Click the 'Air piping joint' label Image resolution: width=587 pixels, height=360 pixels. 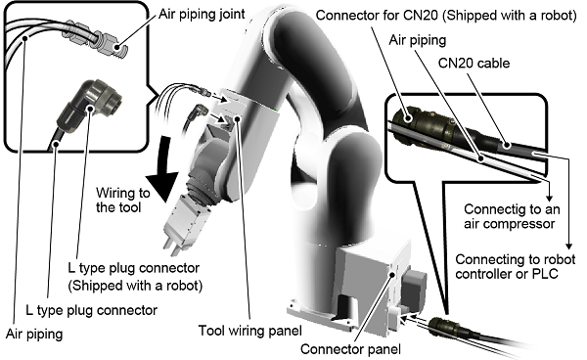pos(202,15)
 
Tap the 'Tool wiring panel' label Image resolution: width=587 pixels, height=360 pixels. pos(250,331)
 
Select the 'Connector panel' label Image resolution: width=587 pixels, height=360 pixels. pos(350,349)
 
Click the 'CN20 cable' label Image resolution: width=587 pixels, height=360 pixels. pos(474,63)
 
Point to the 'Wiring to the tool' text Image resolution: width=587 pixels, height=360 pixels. pos(123,200)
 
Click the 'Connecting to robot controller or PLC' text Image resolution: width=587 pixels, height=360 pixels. pos(516,266)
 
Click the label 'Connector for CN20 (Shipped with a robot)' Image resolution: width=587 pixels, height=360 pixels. pos(446,15)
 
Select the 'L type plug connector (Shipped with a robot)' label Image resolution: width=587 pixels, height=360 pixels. pos(135,277)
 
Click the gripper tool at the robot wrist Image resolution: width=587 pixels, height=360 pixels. pos(178,225)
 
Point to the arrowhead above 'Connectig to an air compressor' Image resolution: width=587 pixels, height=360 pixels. pos(549,198)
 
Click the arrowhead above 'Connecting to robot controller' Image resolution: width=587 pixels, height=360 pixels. pos(568,246)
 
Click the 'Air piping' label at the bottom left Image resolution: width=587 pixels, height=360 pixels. pos(34,334)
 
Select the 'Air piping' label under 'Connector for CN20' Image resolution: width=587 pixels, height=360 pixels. pos(418,40)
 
